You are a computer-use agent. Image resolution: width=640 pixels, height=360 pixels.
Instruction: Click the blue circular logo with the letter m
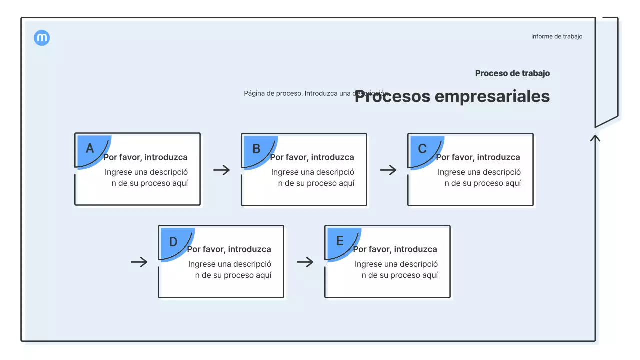42,38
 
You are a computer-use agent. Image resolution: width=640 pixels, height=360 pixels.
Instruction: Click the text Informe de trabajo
556,36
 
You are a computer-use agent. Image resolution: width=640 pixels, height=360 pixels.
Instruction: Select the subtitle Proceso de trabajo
512,73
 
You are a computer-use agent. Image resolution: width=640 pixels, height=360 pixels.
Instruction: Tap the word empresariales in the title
492,96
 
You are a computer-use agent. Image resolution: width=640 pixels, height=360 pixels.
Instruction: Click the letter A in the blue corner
90,148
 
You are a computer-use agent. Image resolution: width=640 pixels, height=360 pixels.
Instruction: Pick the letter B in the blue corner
256,148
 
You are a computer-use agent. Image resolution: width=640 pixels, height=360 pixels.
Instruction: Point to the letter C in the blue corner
422,148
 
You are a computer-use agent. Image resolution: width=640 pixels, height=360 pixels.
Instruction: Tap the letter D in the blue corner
173,242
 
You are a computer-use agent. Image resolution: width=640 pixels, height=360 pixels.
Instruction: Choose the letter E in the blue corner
340,241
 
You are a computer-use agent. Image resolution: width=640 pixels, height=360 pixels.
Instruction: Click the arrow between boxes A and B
221,170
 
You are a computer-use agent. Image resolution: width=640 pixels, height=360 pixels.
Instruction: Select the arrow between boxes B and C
388,170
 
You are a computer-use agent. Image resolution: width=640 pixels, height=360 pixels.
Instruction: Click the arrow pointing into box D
139,262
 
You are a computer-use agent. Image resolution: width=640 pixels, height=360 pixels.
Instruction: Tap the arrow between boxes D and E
305,262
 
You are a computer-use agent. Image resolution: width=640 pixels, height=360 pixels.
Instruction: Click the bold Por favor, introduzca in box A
145,157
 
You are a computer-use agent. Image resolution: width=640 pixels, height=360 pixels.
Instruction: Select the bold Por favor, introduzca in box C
478,157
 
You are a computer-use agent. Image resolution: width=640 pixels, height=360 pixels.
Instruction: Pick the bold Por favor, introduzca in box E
395,249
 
